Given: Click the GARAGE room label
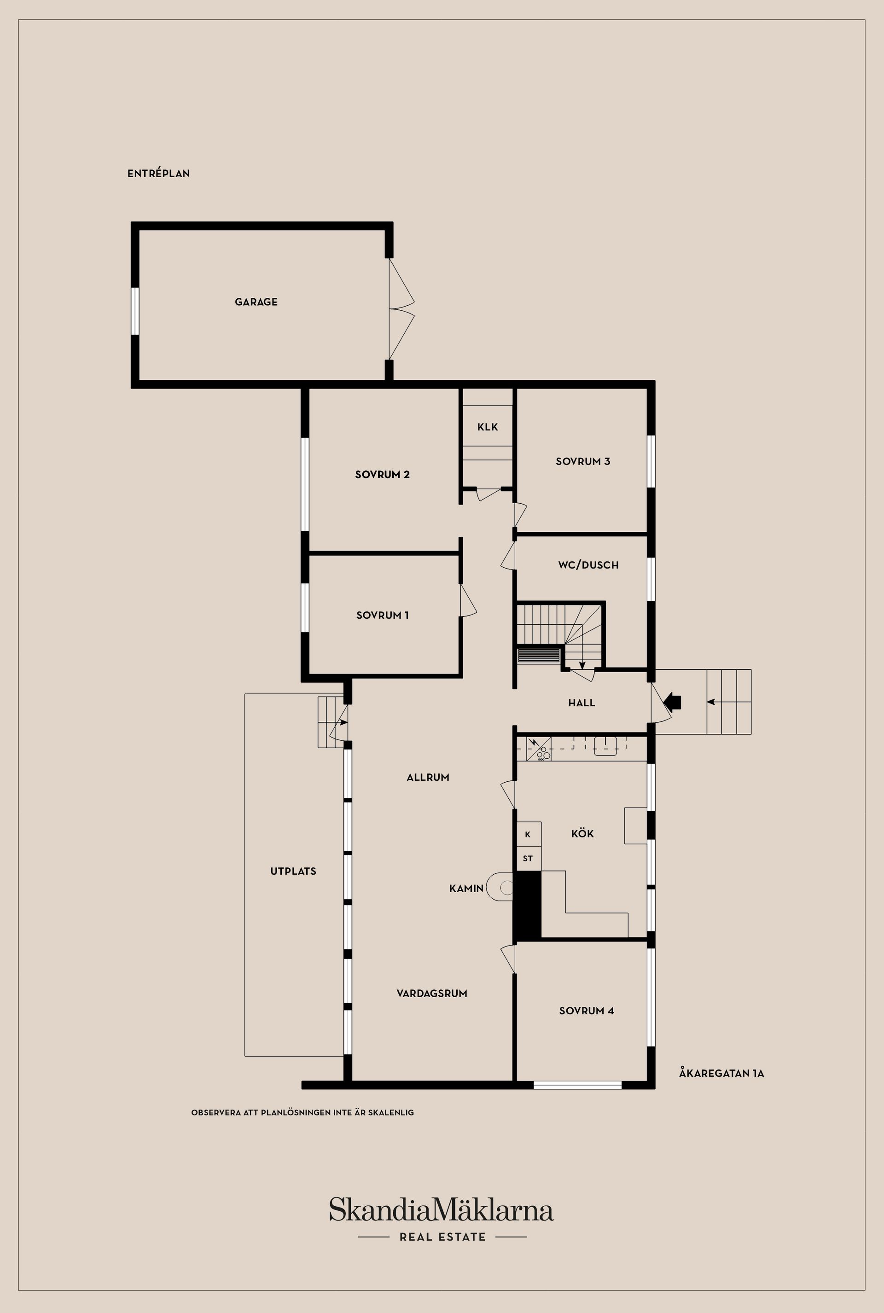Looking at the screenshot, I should [x=256, y=302].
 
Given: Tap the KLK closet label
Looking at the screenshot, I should [x=488, y=427].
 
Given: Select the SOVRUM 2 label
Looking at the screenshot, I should [x=382, y=474].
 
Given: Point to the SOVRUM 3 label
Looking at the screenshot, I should [x=583, y=461].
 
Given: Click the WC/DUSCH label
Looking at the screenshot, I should [x=588, y=565].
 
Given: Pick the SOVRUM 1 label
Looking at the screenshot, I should [x=382, y=615].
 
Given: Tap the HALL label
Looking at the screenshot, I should [x=582, y=703].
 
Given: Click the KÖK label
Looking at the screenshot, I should [x=582, y=834].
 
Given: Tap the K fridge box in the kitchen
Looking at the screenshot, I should [x=528, y=834].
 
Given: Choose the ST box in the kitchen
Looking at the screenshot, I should [x=528, y=859].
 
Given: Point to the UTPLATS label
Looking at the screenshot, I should [x=293, y=871].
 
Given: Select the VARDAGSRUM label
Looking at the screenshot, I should [x=432, y=993].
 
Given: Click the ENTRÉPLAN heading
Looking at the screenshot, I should [x=158, y=174].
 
